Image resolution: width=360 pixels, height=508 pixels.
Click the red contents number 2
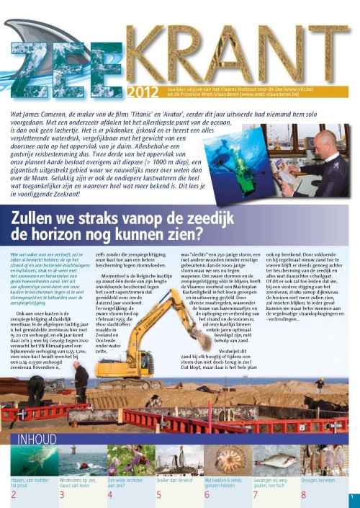coord(13,494)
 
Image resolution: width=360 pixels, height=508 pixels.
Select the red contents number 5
coord(158,494)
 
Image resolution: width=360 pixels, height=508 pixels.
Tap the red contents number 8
coord(303,494)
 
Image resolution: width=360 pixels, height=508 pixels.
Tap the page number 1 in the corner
coord(352,496)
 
